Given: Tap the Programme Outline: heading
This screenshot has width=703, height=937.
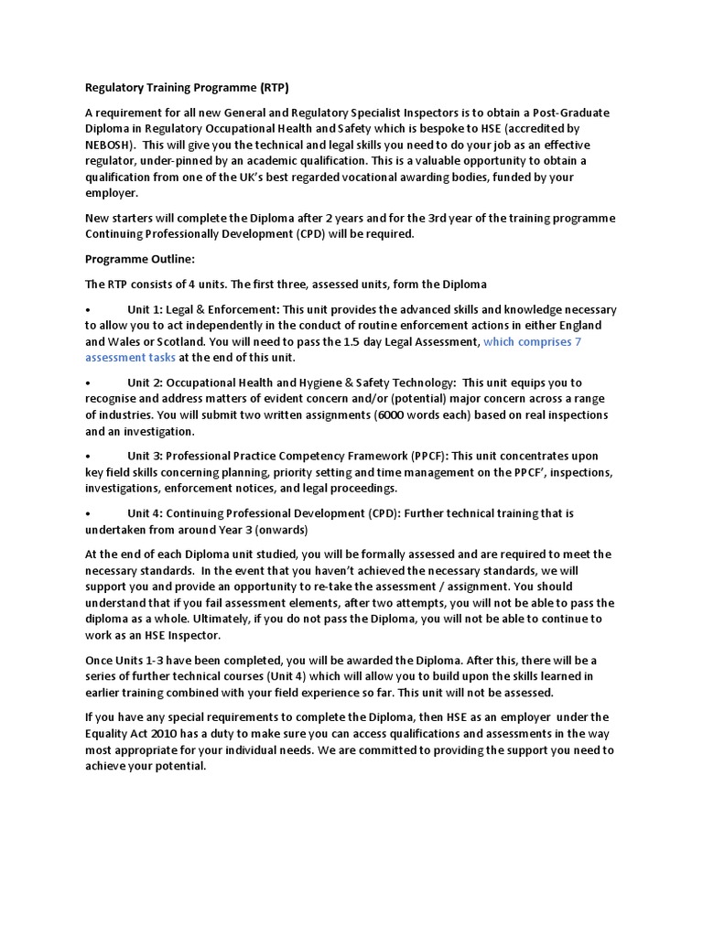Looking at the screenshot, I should pyautogui.click(x=140, y=259).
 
